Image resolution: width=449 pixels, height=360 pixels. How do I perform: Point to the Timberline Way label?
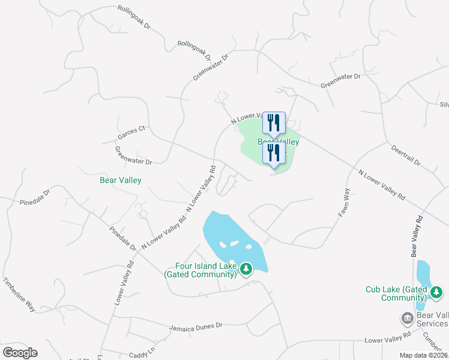pyautogui.click(x=19, y=294)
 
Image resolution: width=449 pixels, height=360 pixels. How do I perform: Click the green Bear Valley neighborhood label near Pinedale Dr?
pyautogui.click(x=120, y=179)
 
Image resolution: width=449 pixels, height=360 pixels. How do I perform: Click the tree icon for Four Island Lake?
pyautogui.click(x=246, y=269)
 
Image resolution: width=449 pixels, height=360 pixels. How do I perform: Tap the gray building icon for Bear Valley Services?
pyautogui.click(x=407, y=317)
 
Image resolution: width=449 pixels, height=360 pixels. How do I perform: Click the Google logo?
pyautogui.click(x=20, y=353)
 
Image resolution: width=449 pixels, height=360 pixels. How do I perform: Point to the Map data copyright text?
pyautogui.click(x=424, y=355)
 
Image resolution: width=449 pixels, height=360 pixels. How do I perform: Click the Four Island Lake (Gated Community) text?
pyautogui.click(x=200, y=270)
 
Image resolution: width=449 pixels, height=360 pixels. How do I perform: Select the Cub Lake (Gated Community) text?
pyautogui.click(x=396, y=293)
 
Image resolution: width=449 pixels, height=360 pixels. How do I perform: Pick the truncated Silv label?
pyautogui.click(x=444, y=104)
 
